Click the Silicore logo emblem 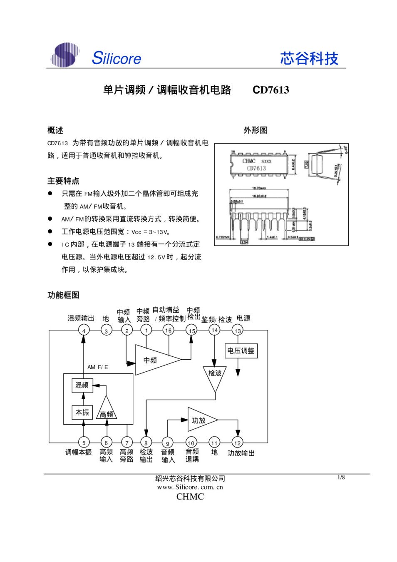pos(65,55)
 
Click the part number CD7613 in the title pos(270,90)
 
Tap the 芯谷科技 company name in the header pos(309,58)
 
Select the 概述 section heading pos(55,130)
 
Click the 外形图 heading pos(256,130)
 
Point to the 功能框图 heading pos(63,295)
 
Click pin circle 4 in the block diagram pos(84,331)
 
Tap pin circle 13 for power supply pos(238,331)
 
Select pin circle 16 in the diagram pos(168,330)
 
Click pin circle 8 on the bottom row pos(146,443)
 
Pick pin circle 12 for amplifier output pos(237,443)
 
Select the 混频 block pos(82,385)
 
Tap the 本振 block pos(82,413)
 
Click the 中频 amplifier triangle pos(154,360)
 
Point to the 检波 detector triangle pos(215,375)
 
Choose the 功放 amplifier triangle pos(200,420)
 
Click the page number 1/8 pos(341,477)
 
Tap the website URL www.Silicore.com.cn pos(190,487)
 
